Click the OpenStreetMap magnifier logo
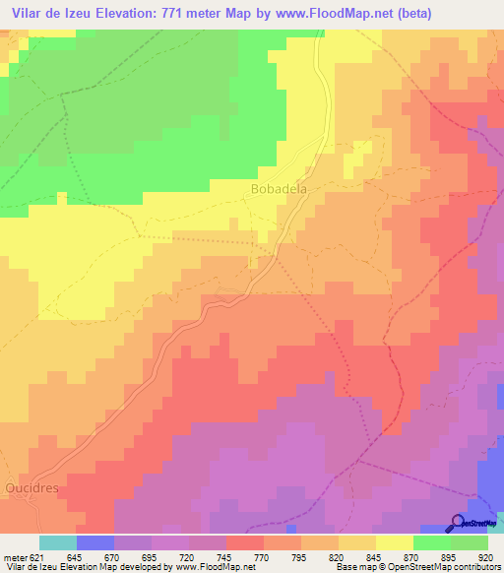pos(459,524)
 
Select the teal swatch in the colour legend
pos(57,542)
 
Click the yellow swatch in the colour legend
pos(394,542)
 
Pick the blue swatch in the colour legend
pos(94,542)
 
